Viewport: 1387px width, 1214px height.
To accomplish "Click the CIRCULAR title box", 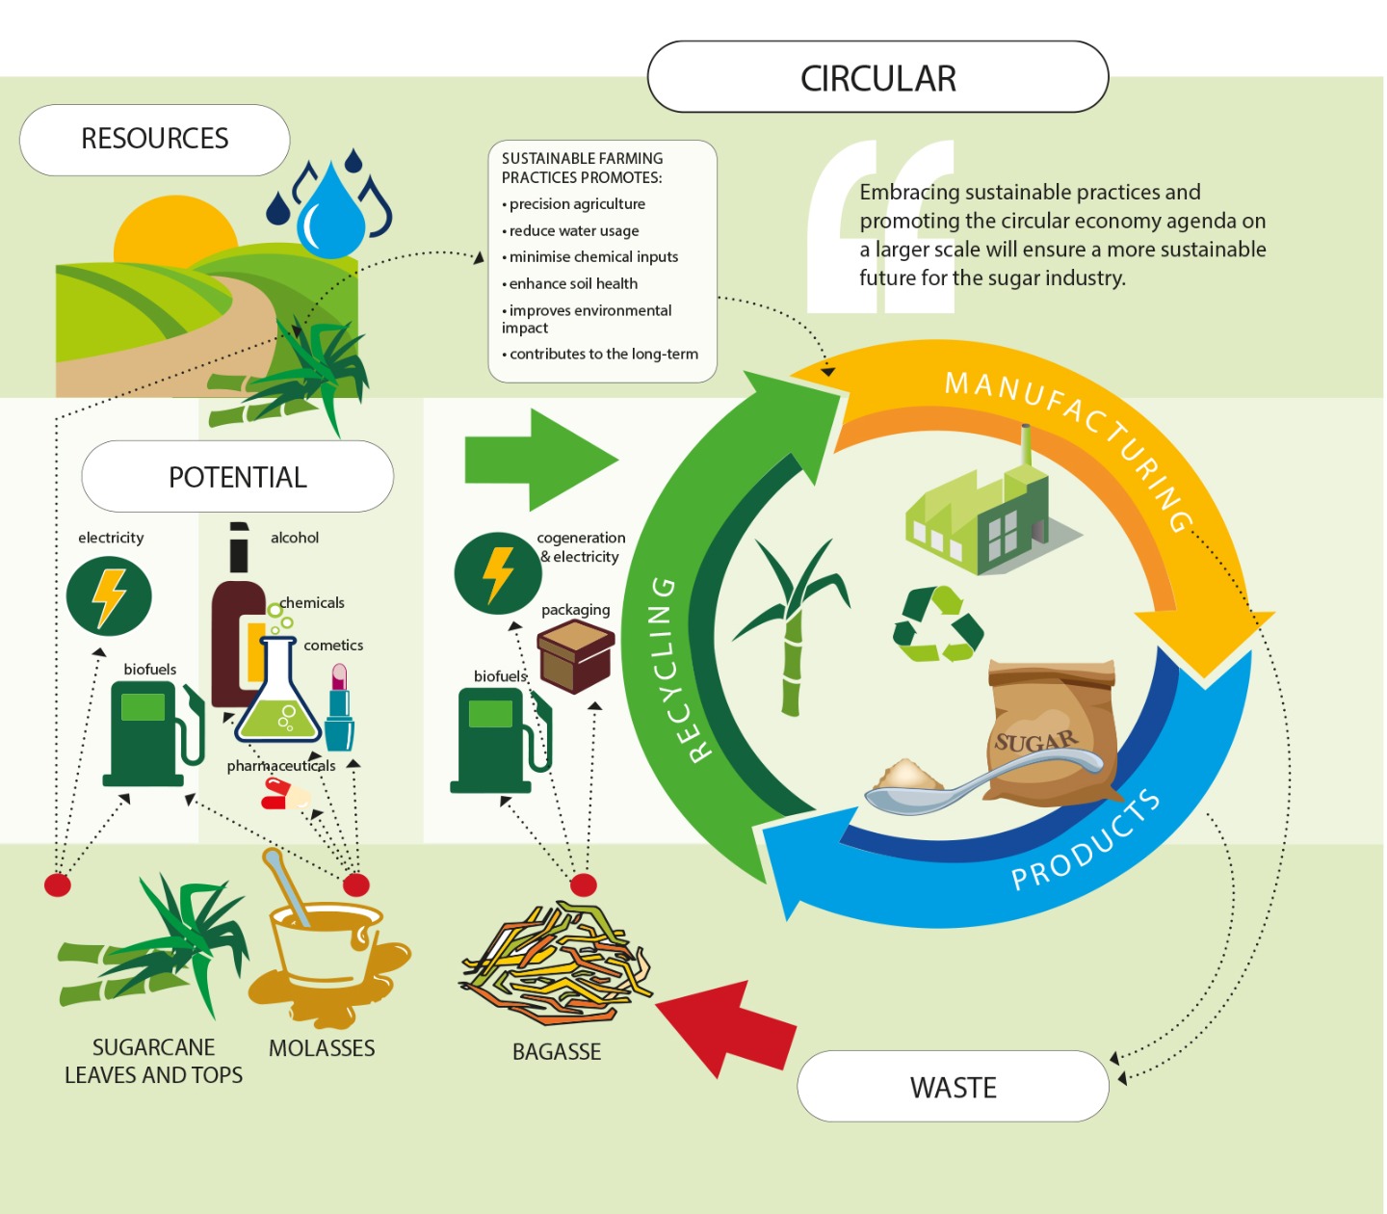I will point(877,77).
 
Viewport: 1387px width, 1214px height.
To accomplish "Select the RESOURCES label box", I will point(154,140).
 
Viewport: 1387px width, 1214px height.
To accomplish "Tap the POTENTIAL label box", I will point(237,477).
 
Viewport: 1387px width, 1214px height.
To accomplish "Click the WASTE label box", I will point(953,1087).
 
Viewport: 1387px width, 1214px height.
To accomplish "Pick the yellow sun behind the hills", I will point(174,231).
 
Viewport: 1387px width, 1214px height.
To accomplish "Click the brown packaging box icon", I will point(576,656).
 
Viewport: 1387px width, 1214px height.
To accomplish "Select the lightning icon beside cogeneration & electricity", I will point(497,574).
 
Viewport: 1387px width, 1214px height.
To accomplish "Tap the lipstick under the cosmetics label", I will point(339,708).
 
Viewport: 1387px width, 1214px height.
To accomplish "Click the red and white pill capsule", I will point(284,795).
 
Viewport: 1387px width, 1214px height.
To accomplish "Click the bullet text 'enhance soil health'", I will point(573,283).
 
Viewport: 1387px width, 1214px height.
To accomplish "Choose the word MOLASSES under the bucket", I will point(322,1048).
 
